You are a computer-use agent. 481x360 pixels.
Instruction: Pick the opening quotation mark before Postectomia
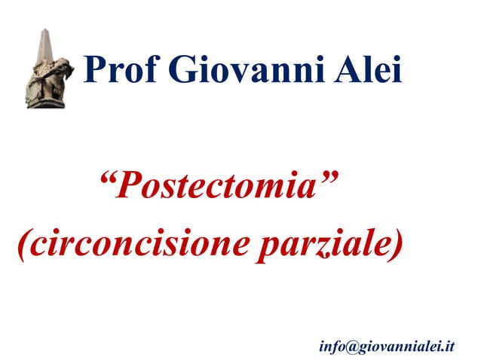pyautogui.click(x=107, y=178)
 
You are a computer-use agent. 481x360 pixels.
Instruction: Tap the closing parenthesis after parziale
pyautogui.click(x=397, y=246)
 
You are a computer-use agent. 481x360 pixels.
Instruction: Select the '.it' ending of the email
pyautogui.click(x=448, y=346)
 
